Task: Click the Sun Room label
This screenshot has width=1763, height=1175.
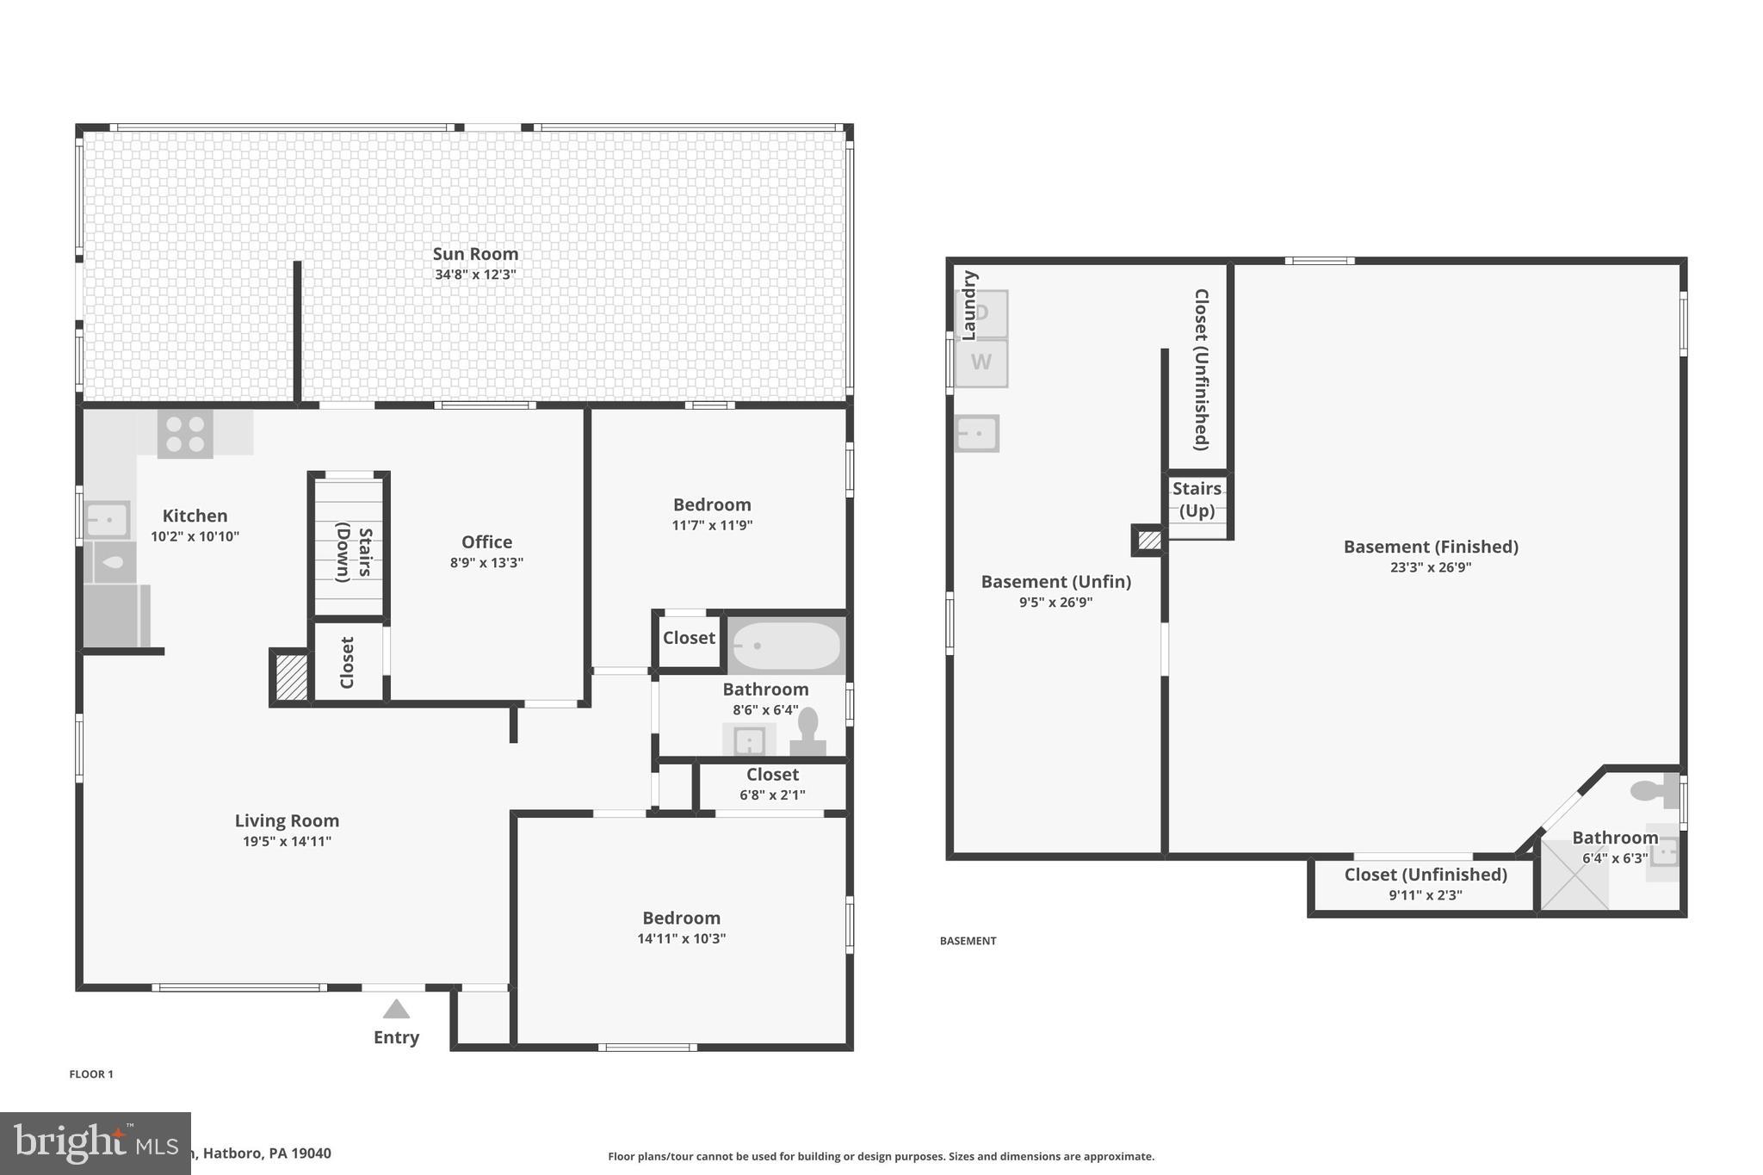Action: (475, 254)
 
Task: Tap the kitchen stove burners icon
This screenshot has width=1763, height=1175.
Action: (185, 434)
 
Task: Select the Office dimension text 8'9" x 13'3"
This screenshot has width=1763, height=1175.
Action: (486, 563)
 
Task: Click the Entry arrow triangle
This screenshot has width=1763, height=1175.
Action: (396, 1009)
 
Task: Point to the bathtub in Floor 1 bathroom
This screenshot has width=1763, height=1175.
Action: (786, 646)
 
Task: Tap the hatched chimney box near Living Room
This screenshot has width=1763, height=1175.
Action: (292, 677)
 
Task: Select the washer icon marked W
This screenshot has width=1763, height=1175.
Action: (980, 362)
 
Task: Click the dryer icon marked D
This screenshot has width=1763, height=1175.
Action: (981, 313)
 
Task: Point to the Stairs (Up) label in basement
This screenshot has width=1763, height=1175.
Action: (1197, 499)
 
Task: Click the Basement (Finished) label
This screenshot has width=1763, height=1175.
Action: (1431, 547)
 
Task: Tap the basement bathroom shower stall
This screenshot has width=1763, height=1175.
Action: (1574, 875)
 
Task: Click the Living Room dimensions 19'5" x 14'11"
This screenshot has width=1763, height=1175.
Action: (287, 842)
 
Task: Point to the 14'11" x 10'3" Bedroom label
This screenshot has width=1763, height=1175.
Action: (681, 918)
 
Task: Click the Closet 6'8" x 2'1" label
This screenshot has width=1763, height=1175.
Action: (772, 775)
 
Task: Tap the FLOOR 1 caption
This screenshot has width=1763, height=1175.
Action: (91, 1074)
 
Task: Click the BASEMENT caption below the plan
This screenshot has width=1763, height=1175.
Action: (968, 941)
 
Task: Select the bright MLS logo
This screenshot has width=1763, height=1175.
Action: (95, 1143)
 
